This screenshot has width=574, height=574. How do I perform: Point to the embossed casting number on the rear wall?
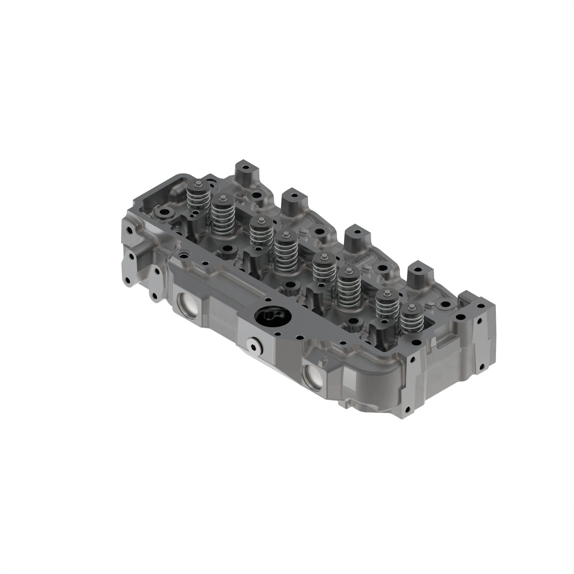360,261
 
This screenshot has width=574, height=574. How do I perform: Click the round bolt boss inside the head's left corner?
164,213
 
